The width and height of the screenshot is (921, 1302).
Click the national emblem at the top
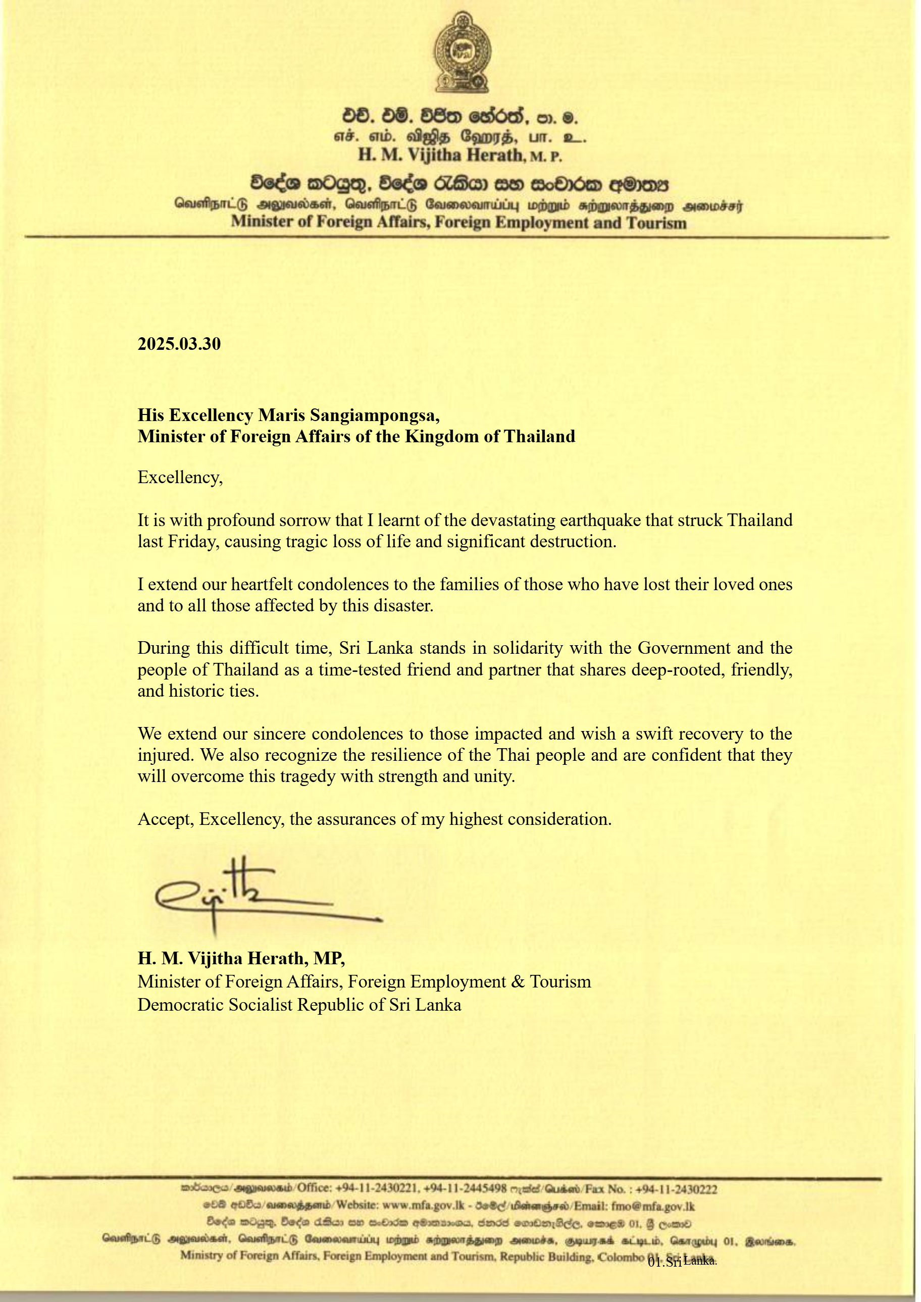click(x=462, y=53)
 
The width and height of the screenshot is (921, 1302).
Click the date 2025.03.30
click(x=179, y=344)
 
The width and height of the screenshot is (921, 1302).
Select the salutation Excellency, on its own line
click(x=180, y=478)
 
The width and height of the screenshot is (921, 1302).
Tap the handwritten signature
click(x=255, y=894)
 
